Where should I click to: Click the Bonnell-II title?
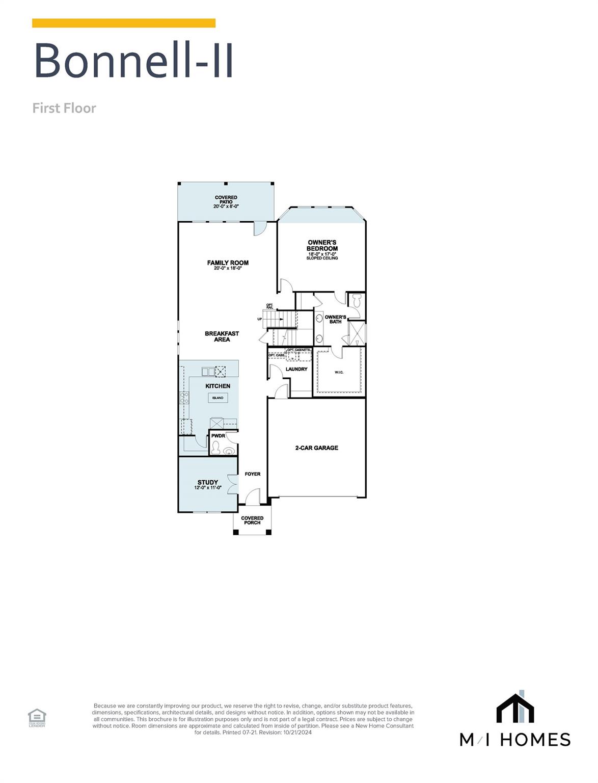pyautogui.click(x=133, y=60)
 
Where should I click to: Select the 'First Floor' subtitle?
pyautogui.click(x=64, y=108)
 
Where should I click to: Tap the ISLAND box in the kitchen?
pyautogui.click(x=218, y=398)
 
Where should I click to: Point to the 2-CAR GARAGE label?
pyautogui.click(x=316, y=448)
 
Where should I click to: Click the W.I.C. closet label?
pyautogui.click(x=339, y=372)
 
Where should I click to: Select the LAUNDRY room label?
pyautogui.click(x=296, y=369)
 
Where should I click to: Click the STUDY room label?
pyautogui.click(x=208, y=482)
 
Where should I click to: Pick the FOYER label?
pyautogui.click(x=253, y=474)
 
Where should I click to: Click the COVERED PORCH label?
pyautogui.click(x=252, y=520)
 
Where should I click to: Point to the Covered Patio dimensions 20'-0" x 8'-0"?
pyautogui.click(x=226, y=206)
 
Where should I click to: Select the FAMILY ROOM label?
pyautogui.click(x=228, y=263)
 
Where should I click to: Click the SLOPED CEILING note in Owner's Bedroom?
pyautogui.click(x=322, y=258)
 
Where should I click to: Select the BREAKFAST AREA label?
pyautogui.click(x=222, y=336)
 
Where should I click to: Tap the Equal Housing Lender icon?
pyautogui.click(x=37, y=717)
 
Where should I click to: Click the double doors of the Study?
pyautogui.click(x=233, y=484)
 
